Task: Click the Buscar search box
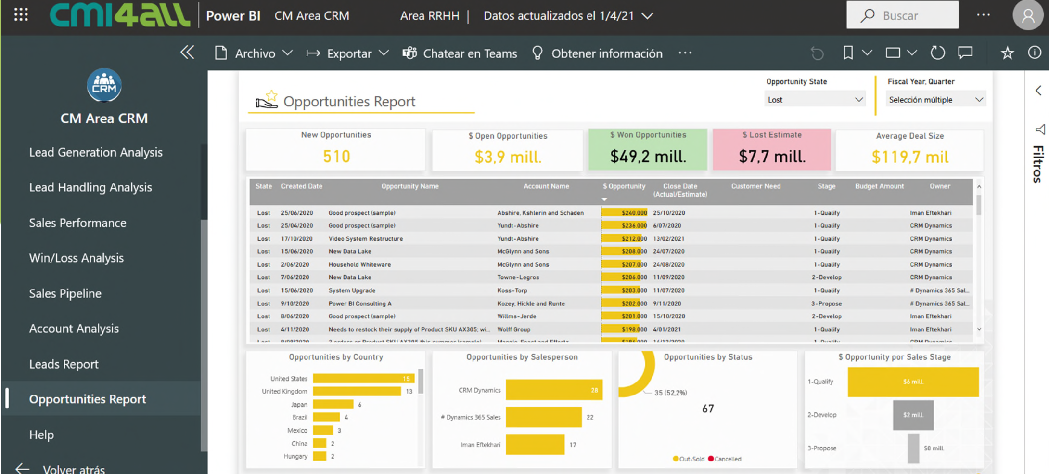tap(902, 16)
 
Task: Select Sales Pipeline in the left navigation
tap(65, 293)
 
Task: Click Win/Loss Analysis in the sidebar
tap(76, 258)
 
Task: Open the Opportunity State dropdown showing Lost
tap(815, 100)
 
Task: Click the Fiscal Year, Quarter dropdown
tap(935, 100)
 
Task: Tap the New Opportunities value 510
tap(336, 157)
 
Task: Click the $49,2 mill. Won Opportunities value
tap(648, 157)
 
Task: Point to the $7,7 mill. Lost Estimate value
tap(772, 157)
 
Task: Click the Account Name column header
tap(546, 186)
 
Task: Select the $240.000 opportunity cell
tap(625, 213)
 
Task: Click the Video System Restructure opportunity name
tap(365, 239)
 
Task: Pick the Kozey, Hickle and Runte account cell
tap(531, 303)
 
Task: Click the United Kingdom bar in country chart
tap(357, 392)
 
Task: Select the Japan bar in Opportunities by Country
tap(333, 405)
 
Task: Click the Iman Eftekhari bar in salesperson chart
tap(535, 445)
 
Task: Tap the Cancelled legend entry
tap(727, 459)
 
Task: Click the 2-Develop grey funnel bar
tap(913, 415)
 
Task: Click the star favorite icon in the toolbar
tap(1007, 53)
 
